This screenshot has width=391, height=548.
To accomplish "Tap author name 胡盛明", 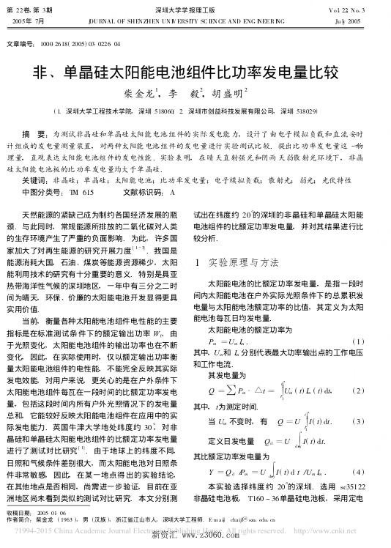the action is [x=228, y=94].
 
